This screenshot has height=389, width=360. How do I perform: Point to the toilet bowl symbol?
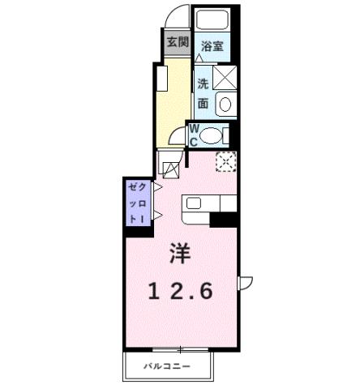pos(212,135)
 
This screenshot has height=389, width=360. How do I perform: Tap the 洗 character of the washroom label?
pos(203,83)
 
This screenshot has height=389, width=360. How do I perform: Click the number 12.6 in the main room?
pos(179,290)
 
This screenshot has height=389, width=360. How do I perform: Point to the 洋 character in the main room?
pos(179,254)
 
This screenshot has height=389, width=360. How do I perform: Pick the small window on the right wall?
pos(244,283)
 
